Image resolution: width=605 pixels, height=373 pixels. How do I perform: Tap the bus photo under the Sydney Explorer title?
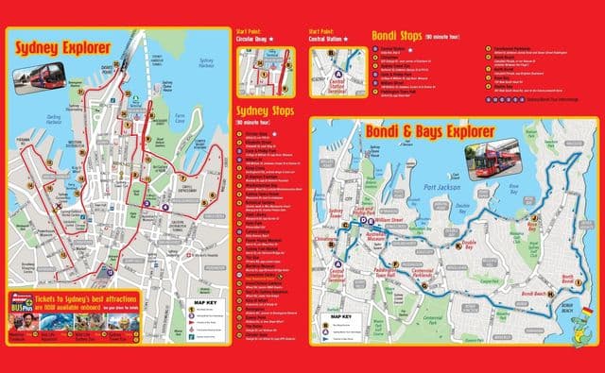[39, 75]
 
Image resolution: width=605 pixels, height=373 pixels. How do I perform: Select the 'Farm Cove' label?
[179, 120]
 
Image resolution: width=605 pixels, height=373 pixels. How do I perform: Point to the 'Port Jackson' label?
[441, 187]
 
